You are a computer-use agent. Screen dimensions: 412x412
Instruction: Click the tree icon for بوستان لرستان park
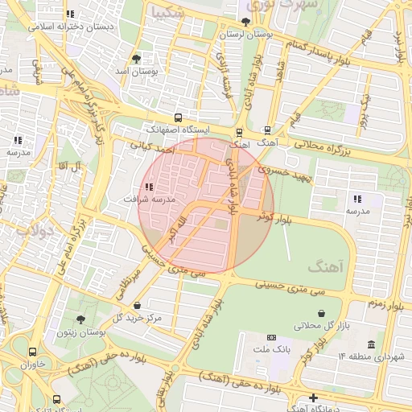point(245,22)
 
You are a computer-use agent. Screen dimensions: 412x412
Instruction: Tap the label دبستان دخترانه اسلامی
point(71,26)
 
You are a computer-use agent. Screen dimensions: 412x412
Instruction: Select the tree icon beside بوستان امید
point(136,59)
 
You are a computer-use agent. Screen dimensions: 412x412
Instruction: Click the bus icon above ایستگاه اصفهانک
point(178,117)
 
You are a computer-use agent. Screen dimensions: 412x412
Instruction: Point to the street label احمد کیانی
point(152,147)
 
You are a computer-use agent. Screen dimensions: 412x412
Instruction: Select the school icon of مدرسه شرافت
point(149,187)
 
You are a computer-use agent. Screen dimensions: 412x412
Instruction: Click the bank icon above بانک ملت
point(271,337)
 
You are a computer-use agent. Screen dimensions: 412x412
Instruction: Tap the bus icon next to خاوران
point(32,352)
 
